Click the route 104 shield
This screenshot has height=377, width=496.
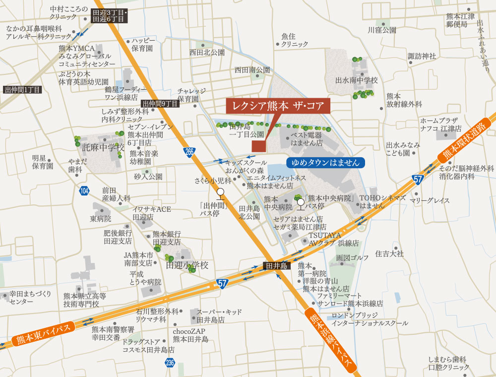84,190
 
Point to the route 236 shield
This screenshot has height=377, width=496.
170,363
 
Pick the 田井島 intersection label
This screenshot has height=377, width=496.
277,266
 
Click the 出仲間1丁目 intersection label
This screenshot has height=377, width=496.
22,90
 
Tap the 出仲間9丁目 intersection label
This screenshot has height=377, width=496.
160,104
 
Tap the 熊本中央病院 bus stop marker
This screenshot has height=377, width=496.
300,202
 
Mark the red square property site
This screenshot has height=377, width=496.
258,145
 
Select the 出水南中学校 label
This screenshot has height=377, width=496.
357,80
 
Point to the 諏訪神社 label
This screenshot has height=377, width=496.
422,56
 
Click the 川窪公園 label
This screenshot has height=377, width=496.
382,30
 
